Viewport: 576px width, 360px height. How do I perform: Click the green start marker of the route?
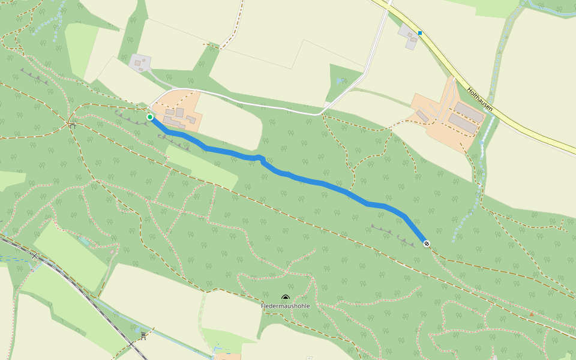tap(149, 117)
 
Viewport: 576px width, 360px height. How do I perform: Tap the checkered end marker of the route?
tap(427, 243)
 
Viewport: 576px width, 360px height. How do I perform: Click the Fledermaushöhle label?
tap(285, 306)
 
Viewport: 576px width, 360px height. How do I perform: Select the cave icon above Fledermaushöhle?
tap(285, 298)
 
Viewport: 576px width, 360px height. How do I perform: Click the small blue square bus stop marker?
tap(420, 33)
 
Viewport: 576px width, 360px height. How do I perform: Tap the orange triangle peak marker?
tap(531, 314)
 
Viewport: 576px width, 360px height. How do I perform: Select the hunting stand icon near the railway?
tap(143, 336)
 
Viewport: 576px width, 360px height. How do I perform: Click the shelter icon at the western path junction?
tap(71, 125)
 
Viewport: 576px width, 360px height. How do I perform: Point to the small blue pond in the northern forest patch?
tap(341, 80)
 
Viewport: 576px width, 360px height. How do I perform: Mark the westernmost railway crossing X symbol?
tap(35, 256)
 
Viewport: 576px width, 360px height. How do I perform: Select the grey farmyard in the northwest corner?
tap(139, 62)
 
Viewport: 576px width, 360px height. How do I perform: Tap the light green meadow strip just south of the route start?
tap(201, 168)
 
